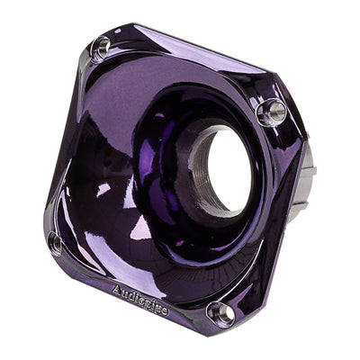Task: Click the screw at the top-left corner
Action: coord(101,47)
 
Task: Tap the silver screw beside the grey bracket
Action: coord(271,112)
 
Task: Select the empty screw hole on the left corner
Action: coord(56,242)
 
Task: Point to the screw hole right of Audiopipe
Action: coord(220,311)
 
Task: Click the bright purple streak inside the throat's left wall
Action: coord(167,144)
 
